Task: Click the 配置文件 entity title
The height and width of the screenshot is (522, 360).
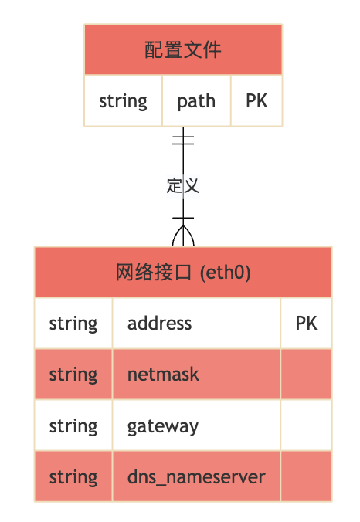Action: [x=183, y=50]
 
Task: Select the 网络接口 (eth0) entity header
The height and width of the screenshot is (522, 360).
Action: [x=183, y=272]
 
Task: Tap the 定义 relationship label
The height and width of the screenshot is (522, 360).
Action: [x=183, y=185]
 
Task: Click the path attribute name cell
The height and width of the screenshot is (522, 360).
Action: [x=196, y=101]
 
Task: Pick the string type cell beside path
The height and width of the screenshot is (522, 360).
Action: [x=123, y=101]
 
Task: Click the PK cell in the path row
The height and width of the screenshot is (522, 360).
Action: [x=256, y=101]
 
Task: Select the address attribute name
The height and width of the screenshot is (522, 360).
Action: [x=159, y=323]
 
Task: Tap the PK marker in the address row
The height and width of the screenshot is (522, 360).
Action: [x=306, y=323]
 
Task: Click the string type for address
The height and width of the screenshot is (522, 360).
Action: [x=73, y=323]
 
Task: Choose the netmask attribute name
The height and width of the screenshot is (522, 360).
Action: [x=163, y=375]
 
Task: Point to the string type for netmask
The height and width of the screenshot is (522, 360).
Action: [x=73, y=375]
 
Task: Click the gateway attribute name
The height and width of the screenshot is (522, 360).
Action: [x=163, y=426]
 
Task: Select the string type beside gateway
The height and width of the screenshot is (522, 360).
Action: [x=73, y=426]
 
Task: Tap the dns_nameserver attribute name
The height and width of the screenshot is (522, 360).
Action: [x=196, y=477]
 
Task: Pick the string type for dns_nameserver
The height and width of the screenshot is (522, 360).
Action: [x=73, y=477]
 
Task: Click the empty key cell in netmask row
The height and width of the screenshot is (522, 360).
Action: [x=306, y=375]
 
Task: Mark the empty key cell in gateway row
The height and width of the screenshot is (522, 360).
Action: [x=306, y=426]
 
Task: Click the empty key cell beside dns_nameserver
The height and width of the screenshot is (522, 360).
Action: [x=306, y=477]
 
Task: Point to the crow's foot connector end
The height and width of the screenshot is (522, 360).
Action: [x=183, y=232]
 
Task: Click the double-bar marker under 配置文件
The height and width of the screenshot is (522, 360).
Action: [x=183, y=140]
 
